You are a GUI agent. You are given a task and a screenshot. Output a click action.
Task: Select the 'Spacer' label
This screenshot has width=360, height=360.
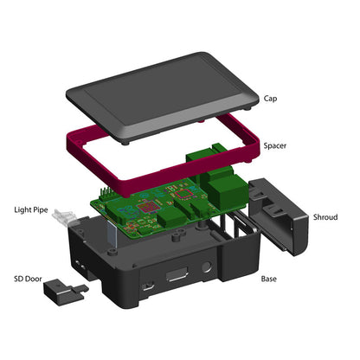[276, 146]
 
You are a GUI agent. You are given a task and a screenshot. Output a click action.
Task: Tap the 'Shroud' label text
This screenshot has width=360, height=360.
[325, 217]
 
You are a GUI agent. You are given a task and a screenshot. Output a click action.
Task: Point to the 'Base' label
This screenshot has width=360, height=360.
[271, 280]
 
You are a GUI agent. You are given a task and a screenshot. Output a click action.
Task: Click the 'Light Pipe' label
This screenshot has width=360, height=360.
[30, 209]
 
